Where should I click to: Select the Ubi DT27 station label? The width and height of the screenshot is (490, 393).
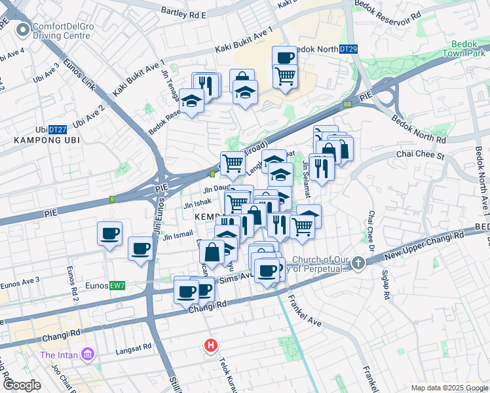[x=52, y=130]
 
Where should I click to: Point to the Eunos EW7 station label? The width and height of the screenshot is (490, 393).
[x=109, y=286]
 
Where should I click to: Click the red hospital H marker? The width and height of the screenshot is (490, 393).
[x=210, y=345]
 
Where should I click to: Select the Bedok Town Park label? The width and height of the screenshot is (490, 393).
[x=463, y=48]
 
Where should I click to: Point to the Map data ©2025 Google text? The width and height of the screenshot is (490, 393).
[x=449, y=388]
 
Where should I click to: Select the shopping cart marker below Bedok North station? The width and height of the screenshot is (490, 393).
[x=285, y=76]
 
